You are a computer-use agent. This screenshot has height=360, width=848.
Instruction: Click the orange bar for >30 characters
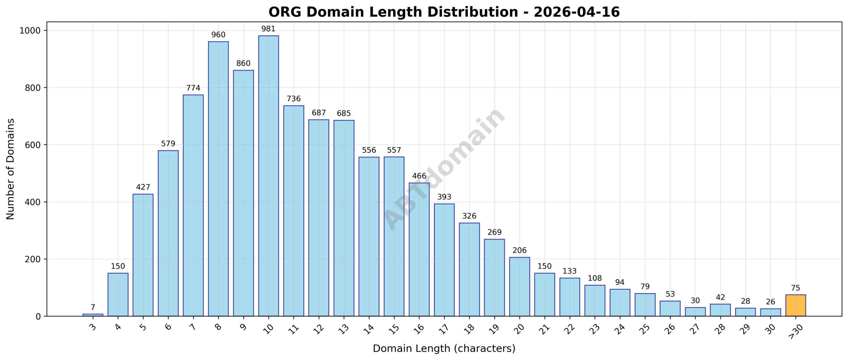tap(795, 305)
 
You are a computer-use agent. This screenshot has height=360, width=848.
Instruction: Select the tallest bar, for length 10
tap(268, 176)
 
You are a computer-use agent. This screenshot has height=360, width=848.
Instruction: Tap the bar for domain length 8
tap(218, 179)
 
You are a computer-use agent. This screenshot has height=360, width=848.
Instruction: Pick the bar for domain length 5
tap(143, 255)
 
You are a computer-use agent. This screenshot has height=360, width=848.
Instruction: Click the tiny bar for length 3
tap(93, 315)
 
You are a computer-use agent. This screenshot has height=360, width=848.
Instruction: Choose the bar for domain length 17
tap(444, 260)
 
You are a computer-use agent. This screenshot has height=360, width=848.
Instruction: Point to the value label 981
tap(268, 29)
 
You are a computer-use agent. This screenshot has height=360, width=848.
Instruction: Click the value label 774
tap(193, 88)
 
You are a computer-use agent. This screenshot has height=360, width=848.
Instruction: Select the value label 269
tap(494, 232)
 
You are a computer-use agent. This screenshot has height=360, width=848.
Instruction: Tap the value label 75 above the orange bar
tap(795, 288)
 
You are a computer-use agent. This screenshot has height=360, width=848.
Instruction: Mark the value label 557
tap(394, 150)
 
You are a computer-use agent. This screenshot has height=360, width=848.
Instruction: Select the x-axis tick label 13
tap(344, 329)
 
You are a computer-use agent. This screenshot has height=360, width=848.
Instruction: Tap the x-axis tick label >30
tap(795, 331)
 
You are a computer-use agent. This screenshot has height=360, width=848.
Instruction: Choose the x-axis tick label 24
tap(619, 329)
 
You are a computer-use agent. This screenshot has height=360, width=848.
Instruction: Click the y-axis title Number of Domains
tap(11, 169)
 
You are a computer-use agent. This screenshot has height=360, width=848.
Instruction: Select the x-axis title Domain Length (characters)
tap(444, 348)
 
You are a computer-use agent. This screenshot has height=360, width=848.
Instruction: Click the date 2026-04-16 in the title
tap(576, 12)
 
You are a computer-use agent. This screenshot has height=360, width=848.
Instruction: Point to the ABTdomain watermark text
tap(444, 169)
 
